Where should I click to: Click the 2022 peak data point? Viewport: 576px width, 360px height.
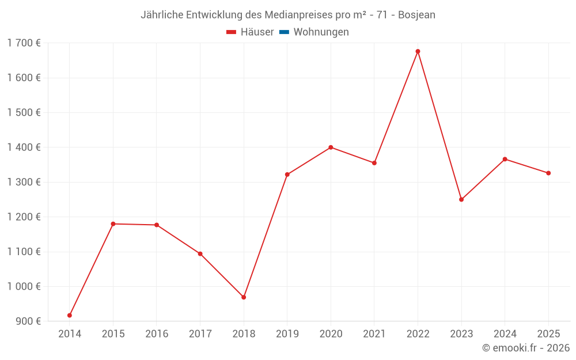click(418, 51)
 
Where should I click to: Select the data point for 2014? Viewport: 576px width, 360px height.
click(70, 316)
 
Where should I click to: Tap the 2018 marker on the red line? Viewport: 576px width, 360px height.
click(244, 297)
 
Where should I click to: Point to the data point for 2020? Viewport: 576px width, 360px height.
click(331, 147)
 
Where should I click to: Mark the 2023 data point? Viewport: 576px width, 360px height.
click(461, 199)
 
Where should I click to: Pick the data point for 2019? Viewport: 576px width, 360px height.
click(287, 175)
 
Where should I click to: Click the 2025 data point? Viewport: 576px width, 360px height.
click(548, 173)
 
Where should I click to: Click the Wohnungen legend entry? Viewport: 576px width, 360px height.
click(321, 32)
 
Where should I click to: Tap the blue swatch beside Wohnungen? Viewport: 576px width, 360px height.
click(284, 32)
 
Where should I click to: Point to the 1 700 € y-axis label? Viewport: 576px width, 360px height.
click(24, 43)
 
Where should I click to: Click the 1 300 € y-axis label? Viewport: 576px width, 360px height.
click(24, 182)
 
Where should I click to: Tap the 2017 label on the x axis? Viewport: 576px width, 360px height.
click(200, 334)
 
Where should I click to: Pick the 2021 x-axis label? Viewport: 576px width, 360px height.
click(374, 334)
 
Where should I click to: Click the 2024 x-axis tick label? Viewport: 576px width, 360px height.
click(505, 334)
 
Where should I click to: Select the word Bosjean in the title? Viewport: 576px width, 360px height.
click(417, 15)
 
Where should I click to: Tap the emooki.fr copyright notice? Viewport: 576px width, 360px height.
click(526, 348)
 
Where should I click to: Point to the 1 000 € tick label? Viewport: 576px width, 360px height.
click(24, 286)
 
